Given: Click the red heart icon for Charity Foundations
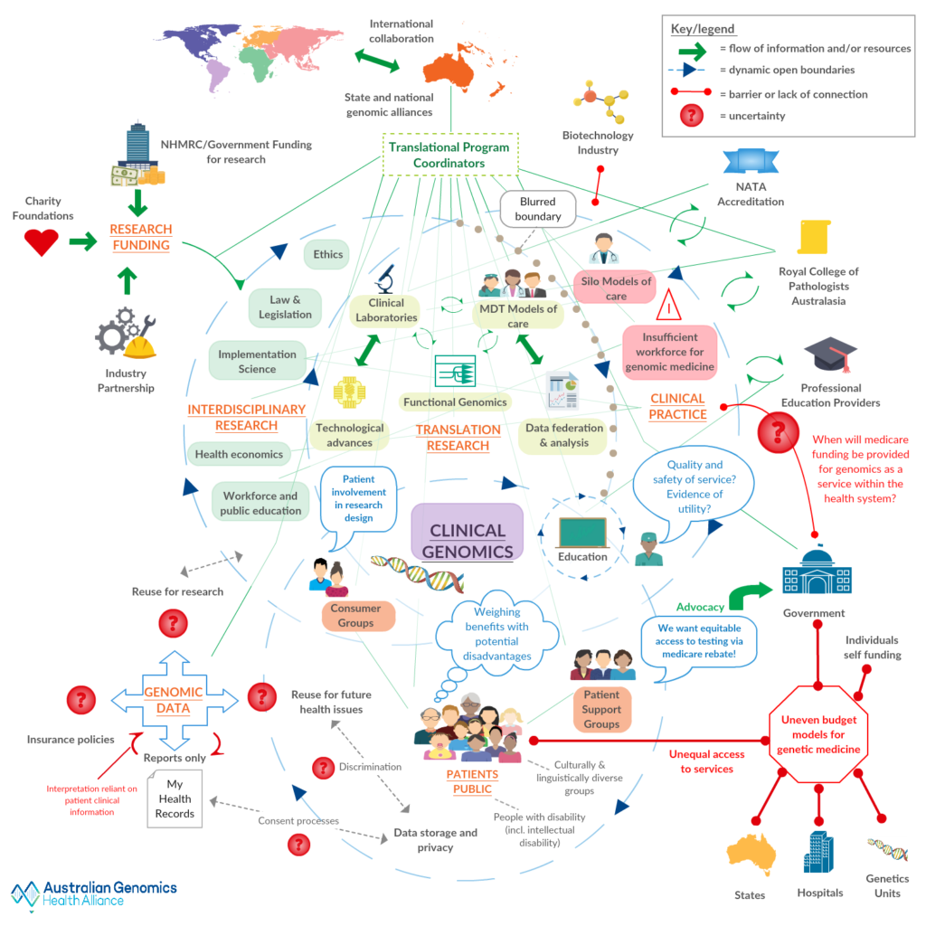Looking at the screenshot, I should click(41, 242).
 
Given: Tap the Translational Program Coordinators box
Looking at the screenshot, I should click(449, 155).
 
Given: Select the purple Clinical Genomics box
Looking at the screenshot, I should click(467, 532).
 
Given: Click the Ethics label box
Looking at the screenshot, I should click(328, 255).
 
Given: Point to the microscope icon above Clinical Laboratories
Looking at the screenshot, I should click(386, 278).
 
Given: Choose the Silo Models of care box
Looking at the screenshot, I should click(616, 288).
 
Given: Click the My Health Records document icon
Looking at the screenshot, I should click(175, 798).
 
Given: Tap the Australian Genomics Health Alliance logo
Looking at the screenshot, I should click(94, 893).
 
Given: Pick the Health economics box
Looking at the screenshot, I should click(239, 454).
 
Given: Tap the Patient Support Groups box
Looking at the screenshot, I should click(601, 709).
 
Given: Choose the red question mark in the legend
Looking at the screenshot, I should click(692, 116).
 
